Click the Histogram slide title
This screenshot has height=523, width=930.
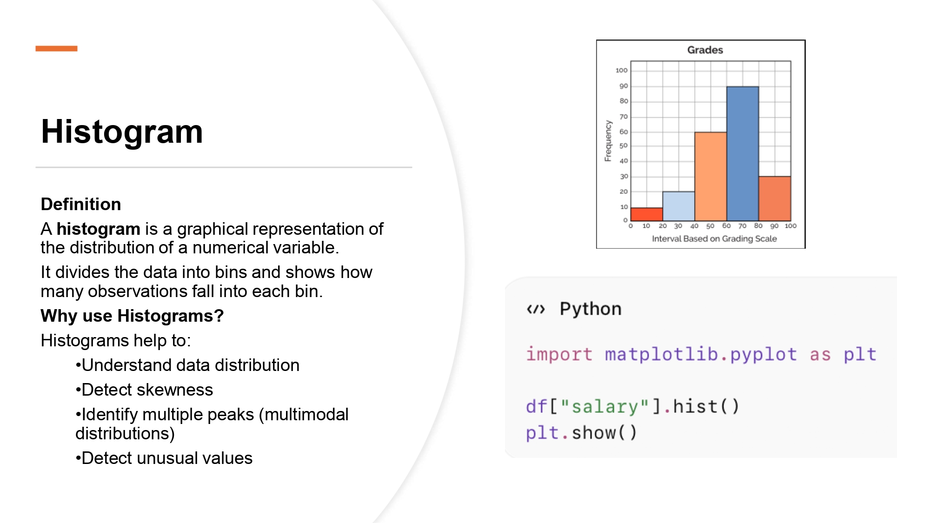point(122,132)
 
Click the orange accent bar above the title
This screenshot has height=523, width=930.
point(56,48)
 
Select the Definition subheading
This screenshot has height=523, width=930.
point(81,204)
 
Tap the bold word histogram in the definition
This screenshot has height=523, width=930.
point(98,229)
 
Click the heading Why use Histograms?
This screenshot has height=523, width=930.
point(132,316)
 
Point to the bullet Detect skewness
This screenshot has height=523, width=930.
point(147,390)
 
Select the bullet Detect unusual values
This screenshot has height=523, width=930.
point(166,458)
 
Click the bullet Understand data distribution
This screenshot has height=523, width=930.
point(190,365)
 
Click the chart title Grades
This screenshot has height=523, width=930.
point(705,50)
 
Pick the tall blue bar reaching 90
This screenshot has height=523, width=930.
point(743,153)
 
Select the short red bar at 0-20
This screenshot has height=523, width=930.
point(646,214)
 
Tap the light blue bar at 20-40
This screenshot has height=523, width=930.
point(678,206)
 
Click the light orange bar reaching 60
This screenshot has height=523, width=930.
point(711,177)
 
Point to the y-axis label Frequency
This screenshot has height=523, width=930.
point(608,141)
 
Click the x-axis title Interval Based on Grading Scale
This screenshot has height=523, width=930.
point(714,238)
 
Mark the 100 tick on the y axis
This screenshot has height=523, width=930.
point(621,70)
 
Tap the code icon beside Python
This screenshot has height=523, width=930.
point(536,309)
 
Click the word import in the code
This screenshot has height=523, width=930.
point(559,354)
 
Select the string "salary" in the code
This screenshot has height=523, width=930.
point(604,406)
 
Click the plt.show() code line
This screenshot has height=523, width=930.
point(581,433)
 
